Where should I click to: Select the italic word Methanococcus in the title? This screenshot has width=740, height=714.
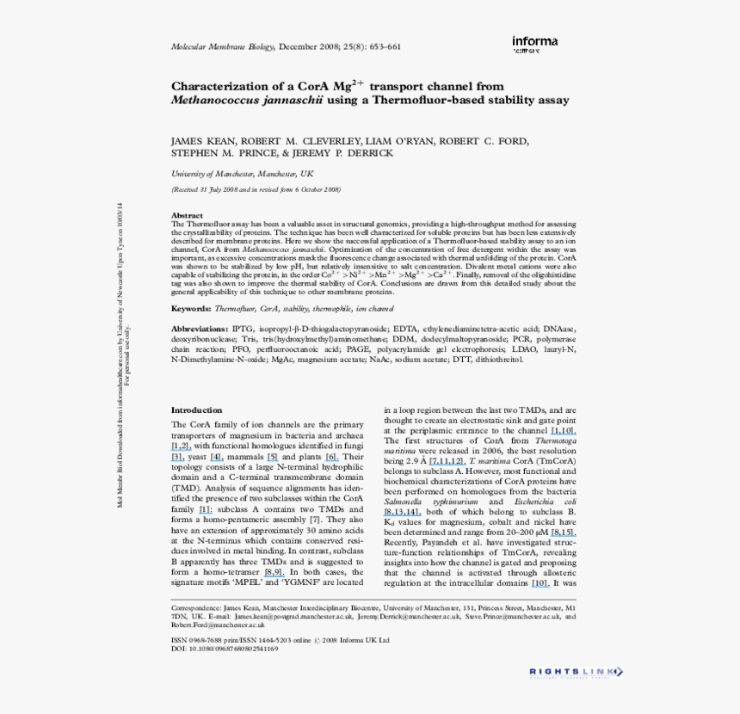[x=211, y=100]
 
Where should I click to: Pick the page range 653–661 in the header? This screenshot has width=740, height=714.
[x=381, y=46]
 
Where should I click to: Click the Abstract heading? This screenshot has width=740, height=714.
[x=187, y=215]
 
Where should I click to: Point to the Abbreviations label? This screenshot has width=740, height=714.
[x=200, y=329]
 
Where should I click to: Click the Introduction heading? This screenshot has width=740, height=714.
[x=196, y=410]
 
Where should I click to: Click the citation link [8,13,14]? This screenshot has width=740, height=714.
[x=402, y=511]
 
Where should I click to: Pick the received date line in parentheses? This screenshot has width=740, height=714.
[x=256, y=188]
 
